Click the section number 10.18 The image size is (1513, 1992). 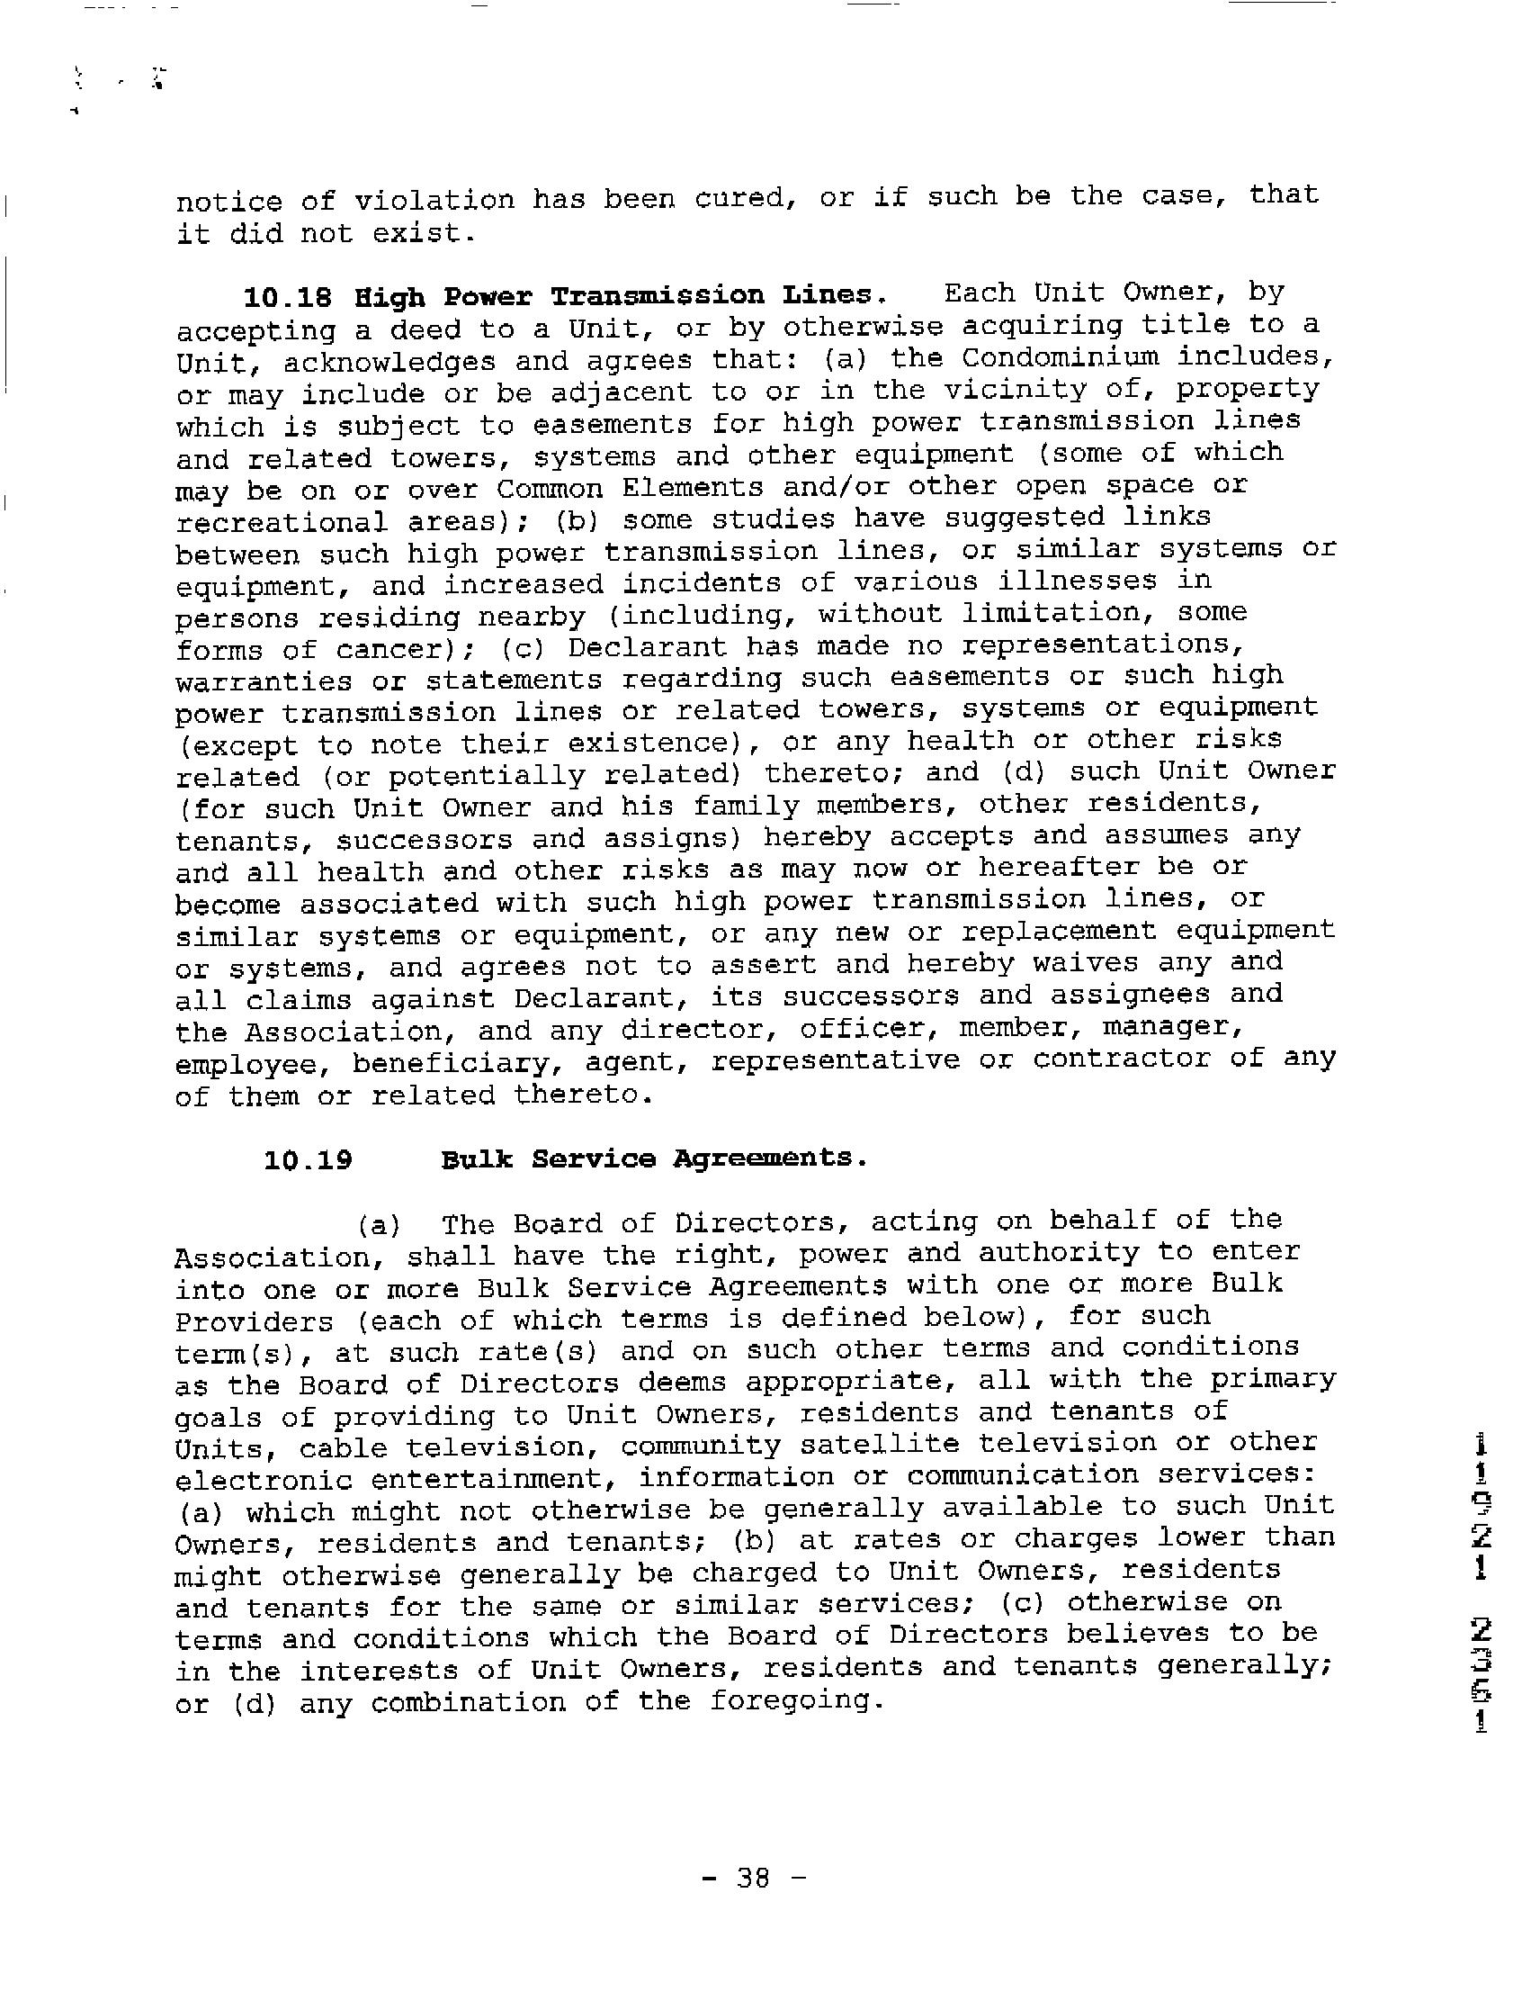(287, 296)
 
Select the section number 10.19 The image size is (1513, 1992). (308, 1159)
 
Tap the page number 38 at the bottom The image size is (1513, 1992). (753, 1879)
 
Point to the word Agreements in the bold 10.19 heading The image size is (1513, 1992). (768, 1158)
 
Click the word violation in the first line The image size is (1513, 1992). (434, 199)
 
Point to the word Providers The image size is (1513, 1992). (253, 1321)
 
